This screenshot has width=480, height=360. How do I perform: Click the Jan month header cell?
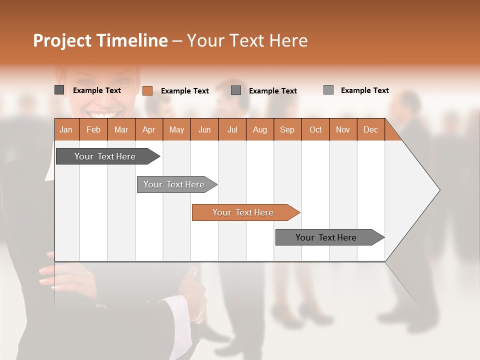click(x=66, y=129)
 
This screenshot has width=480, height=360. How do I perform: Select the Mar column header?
click(x=121, y=129)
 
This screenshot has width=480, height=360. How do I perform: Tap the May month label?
click(x=176, y=129)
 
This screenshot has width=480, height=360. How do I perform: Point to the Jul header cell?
click(x=232, y=129)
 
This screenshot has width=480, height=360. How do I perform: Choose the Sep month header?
click(x=287, y=129)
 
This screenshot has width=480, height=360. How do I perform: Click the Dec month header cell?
click(x=370, y=129)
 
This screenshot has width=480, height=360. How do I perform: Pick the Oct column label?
click(x=315, y=129)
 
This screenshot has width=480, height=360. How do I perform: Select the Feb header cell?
click(x=93, y=129)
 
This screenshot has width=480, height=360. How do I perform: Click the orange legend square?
click(x=147, y=90)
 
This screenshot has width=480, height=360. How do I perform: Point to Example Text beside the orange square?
click(x=184, y=91)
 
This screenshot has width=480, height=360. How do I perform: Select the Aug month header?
click(x=259, y=129)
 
